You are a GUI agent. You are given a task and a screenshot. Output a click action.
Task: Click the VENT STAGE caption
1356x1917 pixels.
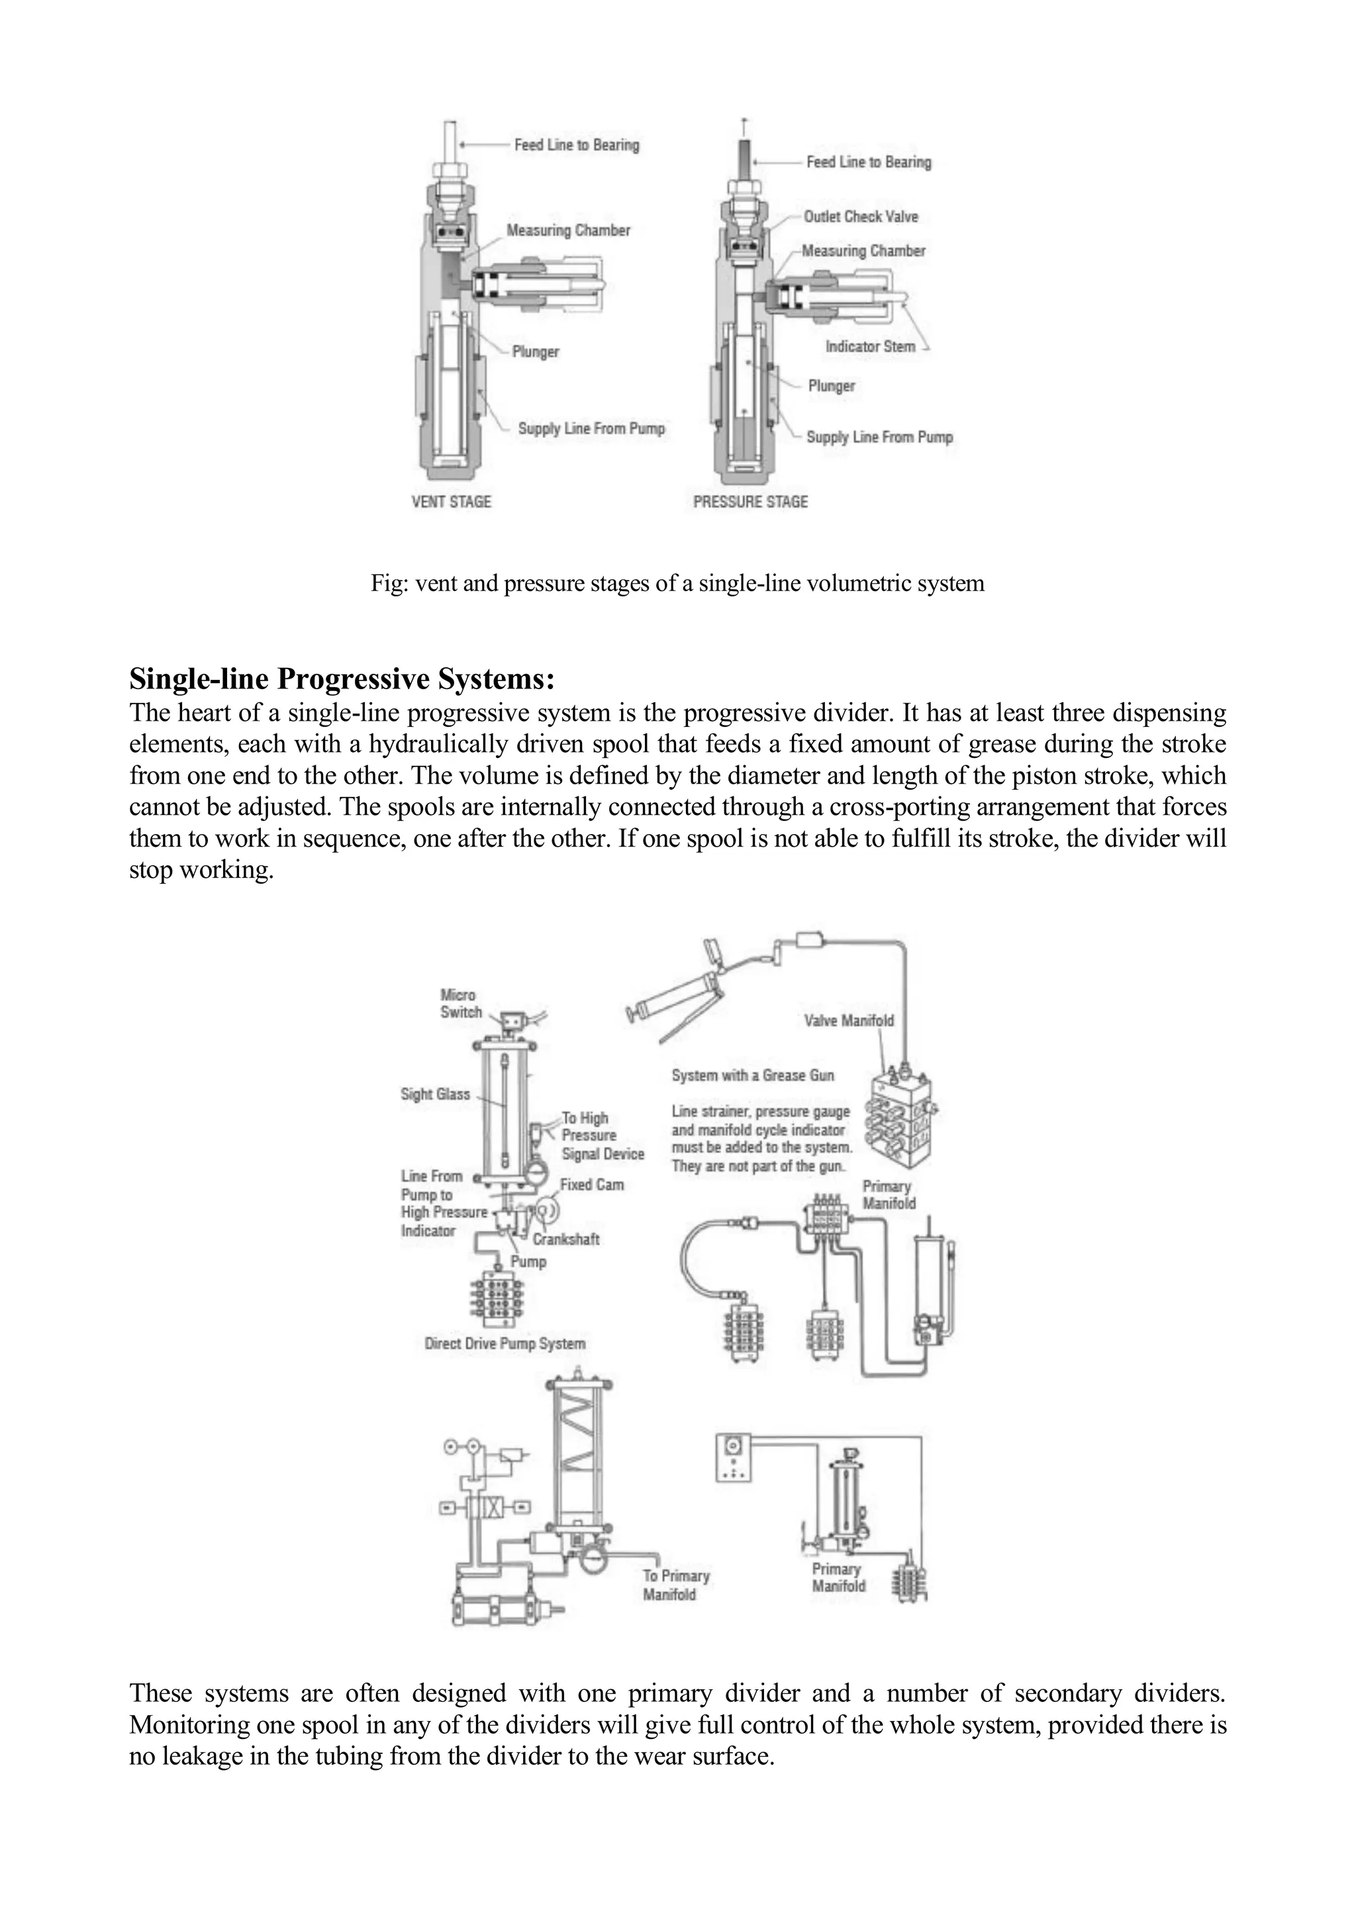[x=451, y=502]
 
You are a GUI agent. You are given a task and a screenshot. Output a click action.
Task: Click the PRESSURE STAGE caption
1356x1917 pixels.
[x=751, y=502]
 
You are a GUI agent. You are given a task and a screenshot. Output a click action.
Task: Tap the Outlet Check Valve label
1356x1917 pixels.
[x=860, y=217]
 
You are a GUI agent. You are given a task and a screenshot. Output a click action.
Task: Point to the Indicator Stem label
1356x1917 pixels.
[x=870, y=346]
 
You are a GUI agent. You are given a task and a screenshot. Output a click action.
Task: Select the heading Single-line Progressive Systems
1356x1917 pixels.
[x=342, y=678]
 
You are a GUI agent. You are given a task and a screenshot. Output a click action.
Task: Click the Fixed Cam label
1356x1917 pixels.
[x=591, y=1185]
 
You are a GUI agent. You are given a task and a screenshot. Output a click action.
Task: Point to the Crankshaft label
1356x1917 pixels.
[x=565, y=1240]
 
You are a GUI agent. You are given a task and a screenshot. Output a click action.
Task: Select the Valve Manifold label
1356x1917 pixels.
[x=848, y=1020]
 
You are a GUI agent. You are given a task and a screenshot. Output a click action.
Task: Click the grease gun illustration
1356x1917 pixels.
[x=678, y=994]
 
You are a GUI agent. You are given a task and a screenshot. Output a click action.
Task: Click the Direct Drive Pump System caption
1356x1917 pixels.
[x=505, y=1343]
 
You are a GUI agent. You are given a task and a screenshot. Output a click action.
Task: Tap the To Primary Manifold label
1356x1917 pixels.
[x=675, y=1585]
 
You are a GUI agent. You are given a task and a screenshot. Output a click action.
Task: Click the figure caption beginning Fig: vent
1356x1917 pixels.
[x=677, y=583]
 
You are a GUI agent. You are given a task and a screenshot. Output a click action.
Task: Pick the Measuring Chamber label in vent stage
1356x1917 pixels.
[x=568, y=230]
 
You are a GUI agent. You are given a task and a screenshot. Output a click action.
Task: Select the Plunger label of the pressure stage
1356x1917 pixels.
[x=831, y=386]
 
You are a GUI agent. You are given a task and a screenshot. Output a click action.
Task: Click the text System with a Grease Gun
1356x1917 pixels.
[x=752, y=1076]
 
